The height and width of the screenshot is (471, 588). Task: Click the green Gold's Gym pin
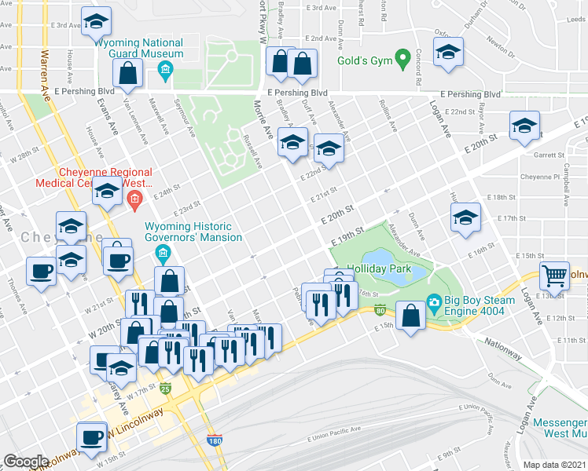click(x=402, y=59)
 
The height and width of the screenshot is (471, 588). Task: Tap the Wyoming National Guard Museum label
click(x=138, y=49)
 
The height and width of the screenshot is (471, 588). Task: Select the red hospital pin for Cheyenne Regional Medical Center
click(x=134, y=201)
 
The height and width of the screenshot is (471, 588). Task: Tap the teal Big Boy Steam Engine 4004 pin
click(x=432, y=301)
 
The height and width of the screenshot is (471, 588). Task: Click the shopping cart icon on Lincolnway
click(x=555, y=276)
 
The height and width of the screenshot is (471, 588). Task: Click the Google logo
click(x=26, y=462)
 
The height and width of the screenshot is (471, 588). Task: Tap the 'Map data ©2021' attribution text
click(x=554, y=465)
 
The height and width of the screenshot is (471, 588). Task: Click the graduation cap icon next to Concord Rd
click(x=448, y=54)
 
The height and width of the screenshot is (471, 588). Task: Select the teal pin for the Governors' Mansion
click(x=163, y=253)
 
